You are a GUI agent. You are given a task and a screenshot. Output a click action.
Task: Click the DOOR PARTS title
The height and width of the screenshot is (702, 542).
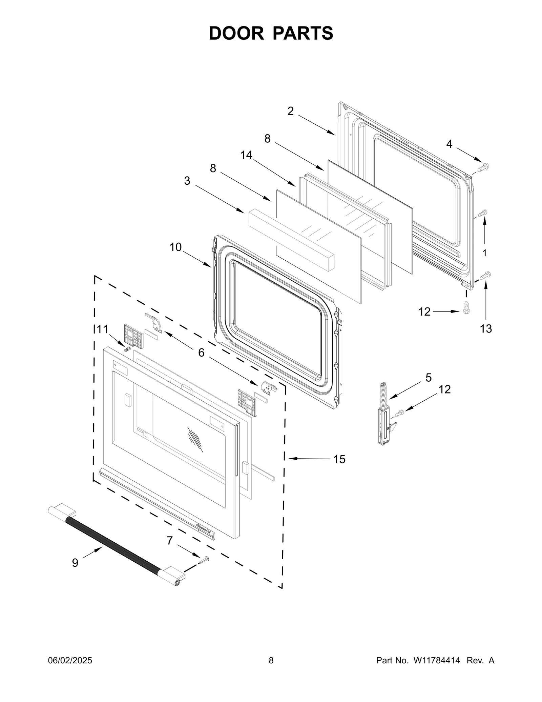271,33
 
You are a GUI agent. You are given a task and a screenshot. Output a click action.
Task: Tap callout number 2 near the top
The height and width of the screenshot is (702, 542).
290,111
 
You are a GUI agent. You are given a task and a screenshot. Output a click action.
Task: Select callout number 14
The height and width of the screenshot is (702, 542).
246,155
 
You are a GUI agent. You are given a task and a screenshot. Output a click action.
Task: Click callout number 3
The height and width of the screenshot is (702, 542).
187,181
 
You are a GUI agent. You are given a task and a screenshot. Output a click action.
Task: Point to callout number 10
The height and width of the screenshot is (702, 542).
175,247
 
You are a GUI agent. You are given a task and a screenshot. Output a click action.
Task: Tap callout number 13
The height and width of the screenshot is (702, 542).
486,328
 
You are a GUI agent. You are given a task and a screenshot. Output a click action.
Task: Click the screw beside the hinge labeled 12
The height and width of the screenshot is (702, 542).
399,413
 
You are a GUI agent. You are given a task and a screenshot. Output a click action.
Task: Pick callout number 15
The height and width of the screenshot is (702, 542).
339,459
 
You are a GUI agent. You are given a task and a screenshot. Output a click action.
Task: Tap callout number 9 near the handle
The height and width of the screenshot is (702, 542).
75,563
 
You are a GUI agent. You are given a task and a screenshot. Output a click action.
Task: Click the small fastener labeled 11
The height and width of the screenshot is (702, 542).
127,349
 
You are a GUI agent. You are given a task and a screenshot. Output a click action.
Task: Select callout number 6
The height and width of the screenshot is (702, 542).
201,353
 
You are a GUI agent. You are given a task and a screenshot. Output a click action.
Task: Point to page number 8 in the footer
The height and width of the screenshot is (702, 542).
271,660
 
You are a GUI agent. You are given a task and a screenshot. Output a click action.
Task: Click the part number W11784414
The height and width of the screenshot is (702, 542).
436,660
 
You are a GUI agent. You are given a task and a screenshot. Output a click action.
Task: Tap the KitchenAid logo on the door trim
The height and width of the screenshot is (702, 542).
204,526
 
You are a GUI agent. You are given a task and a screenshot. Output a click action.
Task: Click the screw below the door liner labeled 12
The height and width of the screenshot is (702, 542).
466,307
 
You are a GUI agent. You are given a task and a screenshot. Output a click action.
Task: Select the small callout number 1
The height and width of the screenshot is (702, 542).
484,253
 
